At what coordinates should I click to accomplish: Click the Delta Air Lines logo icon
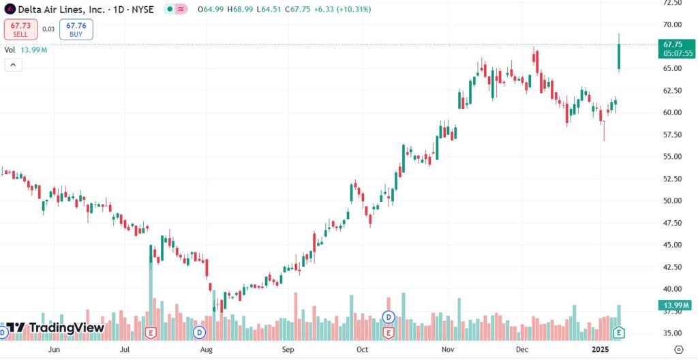tap(10, 10)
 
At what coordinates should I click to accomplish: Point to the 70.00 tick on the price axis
tap(673, 25)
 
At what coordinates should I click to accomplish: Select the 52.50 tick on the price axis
tap(673, 179)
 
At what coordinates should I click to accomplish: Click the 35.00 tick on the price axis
tap(673, 333)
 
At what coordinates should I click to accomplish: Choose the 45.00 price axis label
tap(673, 245)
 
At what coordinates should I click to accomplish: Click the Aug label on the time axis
tap(207, 349)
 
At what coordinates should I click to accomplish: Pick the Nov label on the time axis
tap(447, 349)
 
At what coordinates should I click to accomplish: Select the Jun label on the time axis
tap(55, 349)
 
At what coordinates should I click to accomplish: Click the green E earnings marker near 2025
tap(619, 333)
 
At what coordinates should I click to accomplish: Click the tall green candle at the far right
tap(619, 57)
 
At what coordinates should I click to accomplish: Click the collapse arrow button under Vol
tap(13, 65)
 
